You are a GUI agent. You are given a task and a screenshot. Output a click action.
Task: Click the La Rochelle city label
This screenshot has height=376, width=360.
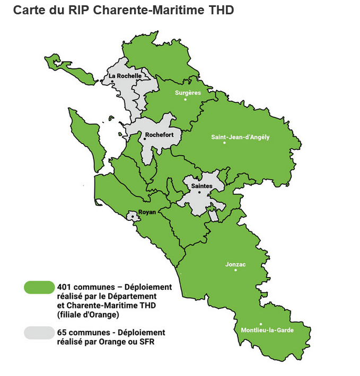tap(125, 76)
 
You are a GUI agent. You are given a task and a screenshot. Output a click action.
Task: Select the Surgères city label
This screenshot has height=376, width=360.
tap(188, 92)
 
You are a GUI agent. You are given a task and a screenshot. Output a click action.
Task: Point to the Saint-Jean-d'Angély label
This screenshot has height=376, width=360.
tap(240, 137)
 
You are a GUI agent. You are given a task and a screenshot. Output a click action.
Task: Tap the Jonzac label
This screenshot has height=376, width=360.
tap(235, 264)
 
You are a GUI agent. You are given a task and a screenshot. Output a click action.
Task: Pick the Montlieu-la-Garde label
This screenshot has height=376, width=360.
tap(267, 330)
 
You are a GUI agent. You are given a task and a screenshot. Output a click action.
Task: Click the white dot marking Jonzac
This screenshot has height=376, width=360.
tap(235, 270)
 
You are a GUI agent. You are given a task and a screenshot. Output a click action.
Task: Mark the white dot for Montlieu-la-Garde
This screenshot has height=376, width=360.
tap(260, 324)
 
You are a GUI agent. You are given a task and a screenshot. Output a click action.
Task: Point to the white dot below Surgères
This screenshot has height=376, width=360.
tap(185, 99)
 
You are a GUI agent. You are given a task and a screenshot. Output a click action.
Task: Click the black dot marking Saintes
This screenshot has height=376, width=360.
tap(199, 192)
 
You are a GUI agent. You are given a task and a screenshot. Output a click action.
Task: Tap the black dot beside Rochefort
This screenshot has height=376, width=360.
tap(145, 138)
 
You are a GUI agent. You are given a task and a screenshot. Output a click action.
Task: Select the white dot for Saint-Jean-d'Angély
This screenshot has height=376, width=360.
tap(224, 143)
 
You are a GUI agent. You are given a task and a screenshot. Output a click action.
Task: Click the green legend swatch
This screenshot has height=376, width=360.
tap(39, 287)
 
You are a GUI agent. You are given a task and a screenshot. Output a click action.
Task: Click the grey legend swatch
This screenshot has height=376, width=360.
tap(39, 332)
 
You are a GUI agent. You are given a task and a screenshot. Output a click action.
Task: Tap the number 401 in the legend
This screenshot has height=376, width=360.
tap(65, 287)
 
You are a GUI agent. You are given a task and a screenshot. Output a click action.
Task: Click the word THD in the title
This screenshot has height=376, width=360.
tap(221, 10)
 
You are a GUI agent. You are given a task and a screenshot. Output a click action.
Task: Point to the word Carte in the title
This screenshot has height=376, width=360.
tap(27, 10)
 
